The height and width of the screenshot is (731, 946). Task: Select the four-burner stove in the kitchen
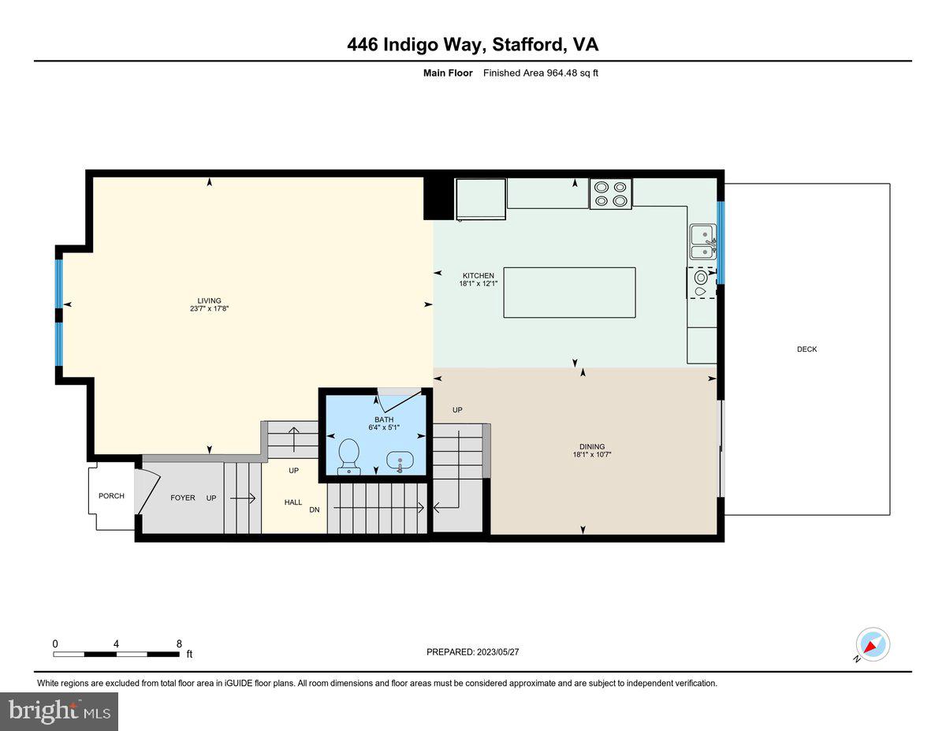click(x=611, y=194)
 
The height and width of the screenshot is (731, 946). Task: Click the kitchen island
click(x=569, y=293)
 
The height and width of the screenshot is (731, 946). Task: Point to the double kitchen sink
click(x=701, y=242)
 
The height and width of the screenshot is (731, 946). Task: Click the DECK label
click(x=806, y=349)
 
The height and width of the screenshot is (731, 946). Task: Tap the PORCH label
click(x=111, y=496)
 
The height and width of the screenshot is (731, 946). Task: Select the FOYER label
click(x=182, y=498)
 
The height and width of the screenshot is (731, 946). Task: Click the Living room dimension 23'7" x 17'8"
click(x=209, y=309)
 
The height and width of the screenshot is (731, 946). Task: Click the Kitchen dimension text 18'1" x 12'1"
click(x=478, y=283)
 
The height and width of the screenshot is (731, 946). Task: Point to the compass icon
click(x=872, y=644)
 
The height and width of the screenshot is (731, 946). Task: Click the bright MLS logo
click(x=59, y=711)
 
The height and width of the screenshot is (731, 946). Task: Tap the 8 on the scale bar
click(x=179, y=643)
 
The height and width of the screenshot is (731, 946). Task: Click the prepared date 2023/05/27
click(x=497, y=652)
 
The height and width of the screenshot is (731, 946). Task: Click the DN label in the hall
click(x=314, y=510)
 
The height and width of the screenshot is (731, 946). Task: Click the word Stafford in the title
click(x=527, y=45)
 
